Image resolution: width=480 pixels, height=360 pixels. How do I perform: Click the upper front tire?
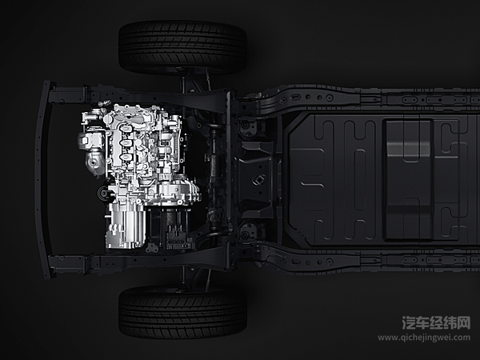pos(182,47)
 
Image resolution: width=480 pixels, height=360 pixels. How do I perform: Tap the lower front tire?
pos(182,312)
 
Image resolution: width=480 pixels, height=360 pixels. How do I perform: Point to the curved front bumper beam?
pos(42,180)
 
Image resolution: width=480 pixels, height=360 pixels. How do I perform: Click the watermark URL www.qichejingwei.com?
pos(424,338)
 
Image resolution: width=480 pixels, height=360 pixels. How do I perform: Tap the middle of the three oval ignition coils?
pos(126,143)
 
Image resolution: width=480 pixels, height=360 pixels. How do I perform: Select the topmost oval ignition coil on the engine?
pos(126,128)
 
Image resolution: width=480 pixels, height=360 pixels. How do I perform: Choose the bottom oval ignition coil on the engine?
pos(126,158)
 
